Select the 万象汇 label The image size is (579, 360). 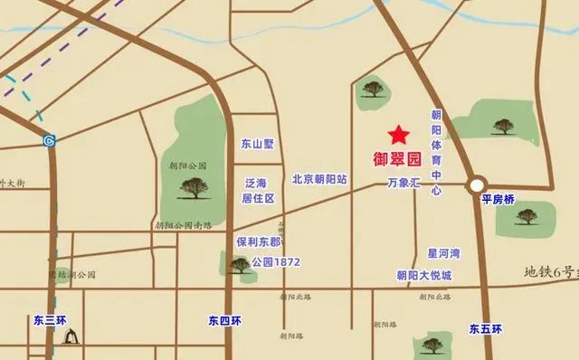[x=404, y=182]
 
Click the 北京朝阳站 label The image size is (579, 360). [x=319, y=179]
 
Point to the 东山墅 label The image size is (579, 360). [x=257, y=144]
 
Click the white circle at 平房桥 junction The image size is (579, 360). [x=477, y=185]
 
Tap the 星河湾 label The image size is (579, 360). [x=444, y=253]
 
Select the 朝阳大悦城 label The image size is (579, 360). [x=423, y=275]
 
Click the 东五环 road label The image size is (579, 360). [x=485, y=329]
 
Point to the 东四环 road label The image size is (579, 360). [x=224, y=320]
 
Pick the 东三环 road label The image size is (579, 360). [x=52, y=320]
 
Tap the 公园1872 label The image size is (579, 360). [x=276, y=262]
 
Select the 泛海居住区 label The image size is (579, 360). [x=258, y=190]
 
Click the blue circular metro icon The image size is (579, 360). [x=49, y=140]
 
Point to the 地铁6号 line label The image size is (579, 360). [x=550, y=271]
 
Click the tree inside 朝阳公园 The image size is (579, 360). [x=194, y=187]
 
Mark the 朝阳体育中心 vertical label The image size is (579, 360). [x=436, y=153]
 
